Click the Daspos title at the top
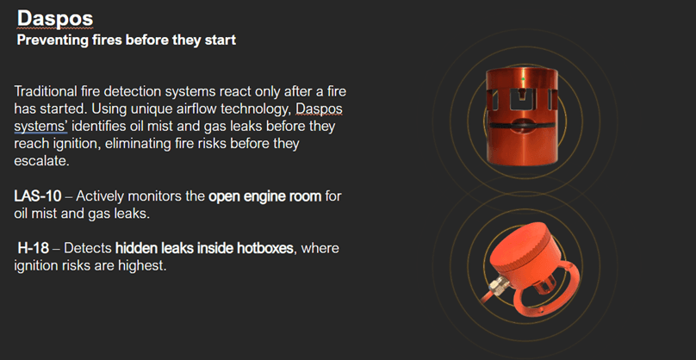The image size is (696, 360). (55, 19)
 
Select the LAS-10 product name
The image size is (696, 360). (38, 196)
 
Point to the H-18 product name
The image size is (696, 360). (34, 248)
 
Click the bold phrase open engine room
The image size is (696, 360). (265, 196)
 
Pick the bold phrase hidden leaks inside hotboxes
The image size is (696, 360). (204, 248)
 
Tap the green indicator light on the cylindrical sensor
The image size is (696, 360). (523, 79)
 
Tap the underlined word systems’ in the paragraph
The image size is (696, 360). (40, 127)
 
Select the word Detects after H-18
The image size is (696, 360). (88, 248)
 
